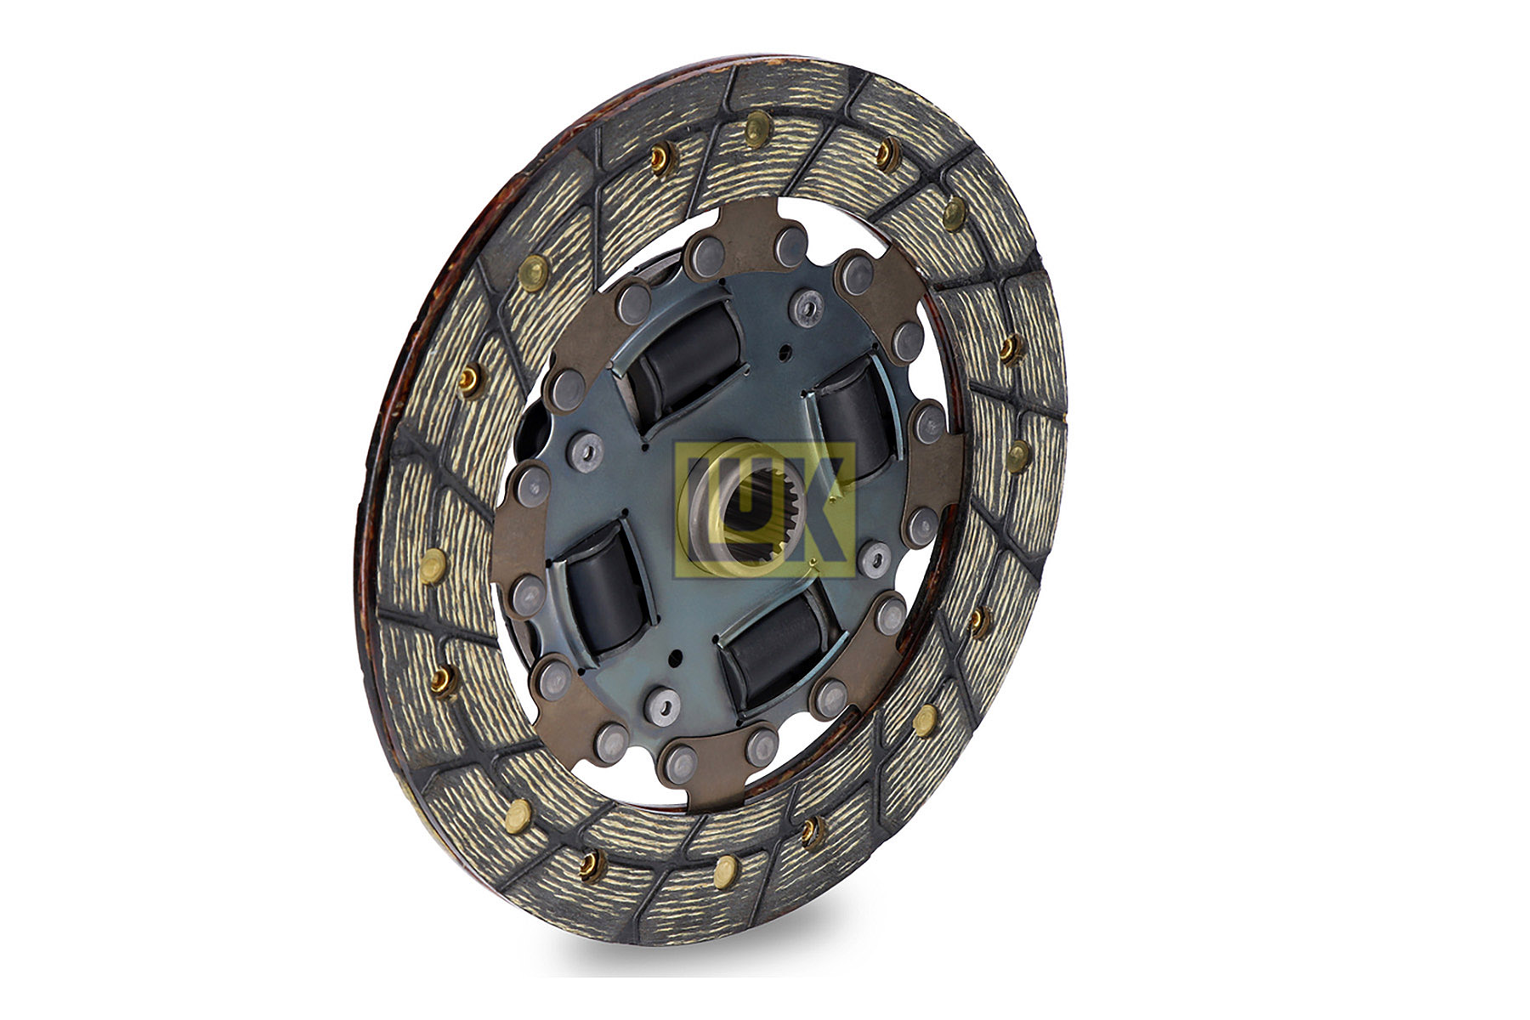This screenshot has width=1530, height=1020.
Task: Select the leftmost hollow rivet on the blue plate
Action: (x=586, y=445)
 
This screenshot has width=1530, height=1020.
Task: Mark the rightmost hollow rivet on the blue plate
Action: (x=873, y=558)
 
